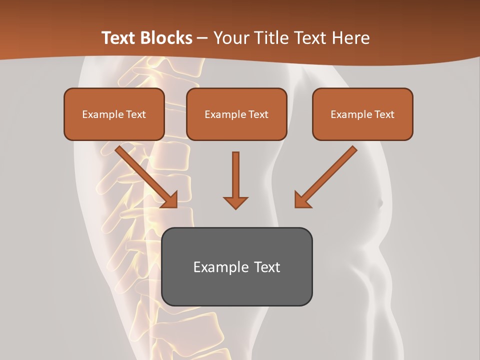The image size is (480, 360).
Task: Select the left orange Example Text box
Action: [x=114, y=114]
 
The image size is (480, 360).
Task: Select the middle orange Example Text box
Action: [x=236, y=114]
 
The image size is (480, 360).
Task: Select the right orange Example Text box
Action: [x=362, y=114]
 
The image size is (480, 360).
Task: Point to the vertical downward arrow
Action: [x=235, y=180]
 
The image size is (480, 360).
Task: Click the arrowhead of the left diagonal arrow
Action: [x=170, y=200]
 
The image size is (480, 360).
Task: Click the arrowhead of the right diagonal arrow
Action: [x=302, y=200]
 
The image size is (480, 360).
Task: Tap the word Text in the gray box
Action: [x=266, y=267]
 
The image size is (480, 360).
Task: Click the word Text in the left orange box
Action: [x=135, y=114]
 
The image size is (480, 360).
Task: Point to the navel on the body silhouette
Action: [x=379, y=203]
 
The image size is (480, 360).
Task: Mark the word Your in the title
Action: [x=230, y=38]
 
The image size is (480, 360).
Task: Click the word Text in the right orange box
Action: [x=384, y=114]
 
